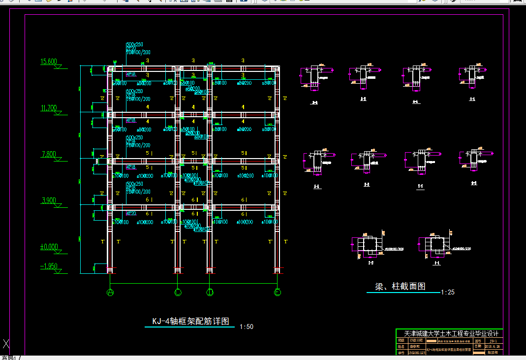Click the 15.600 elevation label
click(49, 62)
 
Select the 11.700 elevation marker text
click(49, 108)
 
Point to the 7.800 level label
click(49, 154)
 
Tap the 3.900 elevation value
click(49, 200)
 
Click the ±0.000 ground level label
click(49, 247)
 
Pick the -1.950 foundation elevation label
click(49, 266)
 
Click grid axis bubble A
click(110, 293)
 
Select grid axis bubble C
click(178, 293)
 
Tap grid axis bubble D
click(210, 293)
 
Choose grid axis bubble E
click(278, 293)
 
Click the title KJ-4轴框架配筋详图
click(190, 321)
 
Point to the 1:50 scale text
click(246, 327)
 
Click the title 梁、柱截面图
click(400, 286)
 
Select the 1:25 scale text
click(447, 292)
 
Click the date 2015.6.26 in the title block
click(493, 346)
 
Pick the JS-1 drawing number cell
click(494, 340)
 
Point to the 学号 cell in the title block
click(401, 353)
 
